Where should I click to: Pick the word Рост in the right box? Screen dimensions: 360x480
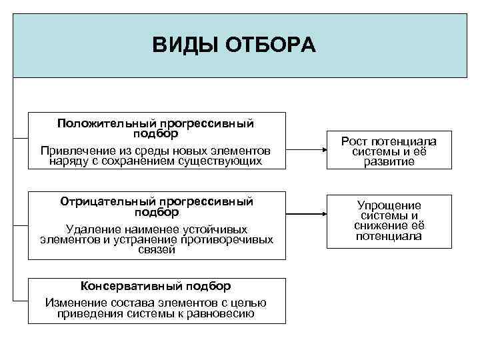[355, 141]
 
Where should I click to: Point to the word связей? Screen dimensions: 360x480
[157, 250]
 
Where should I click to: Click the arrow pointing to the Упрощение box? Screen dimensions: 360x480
[306, 214]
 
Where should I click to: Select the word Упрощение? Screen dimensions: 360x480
[389, 205]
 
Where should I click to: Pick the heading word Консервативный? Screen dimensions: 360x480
[123, 286]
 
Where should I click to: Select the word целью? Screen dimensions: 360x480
[248, 303]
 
